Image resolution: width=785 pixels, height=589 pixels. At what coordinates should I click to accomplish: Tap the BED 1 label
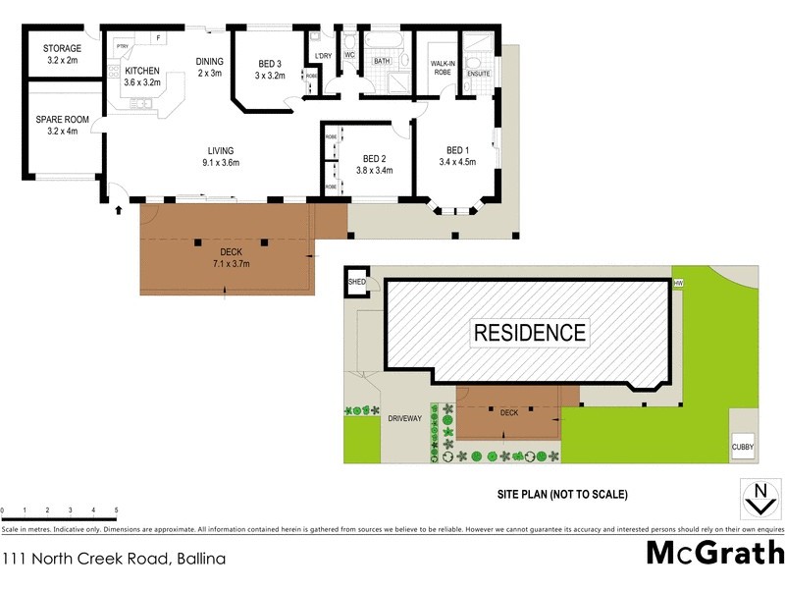click(458, 156)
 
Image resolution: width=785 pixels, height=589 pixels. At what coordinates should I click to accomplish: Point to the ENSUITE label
click(479, 74)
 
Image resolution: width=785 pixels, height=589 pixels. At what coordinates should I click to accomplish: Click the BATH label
click(382, 62)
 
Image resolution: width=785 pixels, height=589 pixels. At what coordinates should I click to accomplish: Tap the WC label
click(348, 55)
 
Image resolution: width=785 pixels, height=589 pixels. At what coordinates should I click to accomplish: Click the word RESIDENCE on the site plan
click(530, 333)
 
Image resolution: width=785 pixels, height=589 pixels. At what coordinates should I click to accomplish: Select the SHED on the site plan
click(355, 282)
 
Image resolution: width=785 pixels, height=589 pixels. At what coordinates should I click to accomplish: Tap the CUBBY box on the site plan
click(743, 447)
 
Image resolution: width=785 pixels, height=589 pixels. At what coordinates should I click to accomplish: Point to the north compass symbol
click(758, 499)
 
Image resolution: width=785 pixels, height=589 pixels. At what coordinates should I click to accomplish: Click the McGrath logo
click(715, 552)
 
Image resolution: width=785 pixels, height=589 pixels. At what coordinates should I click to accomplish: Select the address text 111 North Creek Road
click(113, 560)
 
